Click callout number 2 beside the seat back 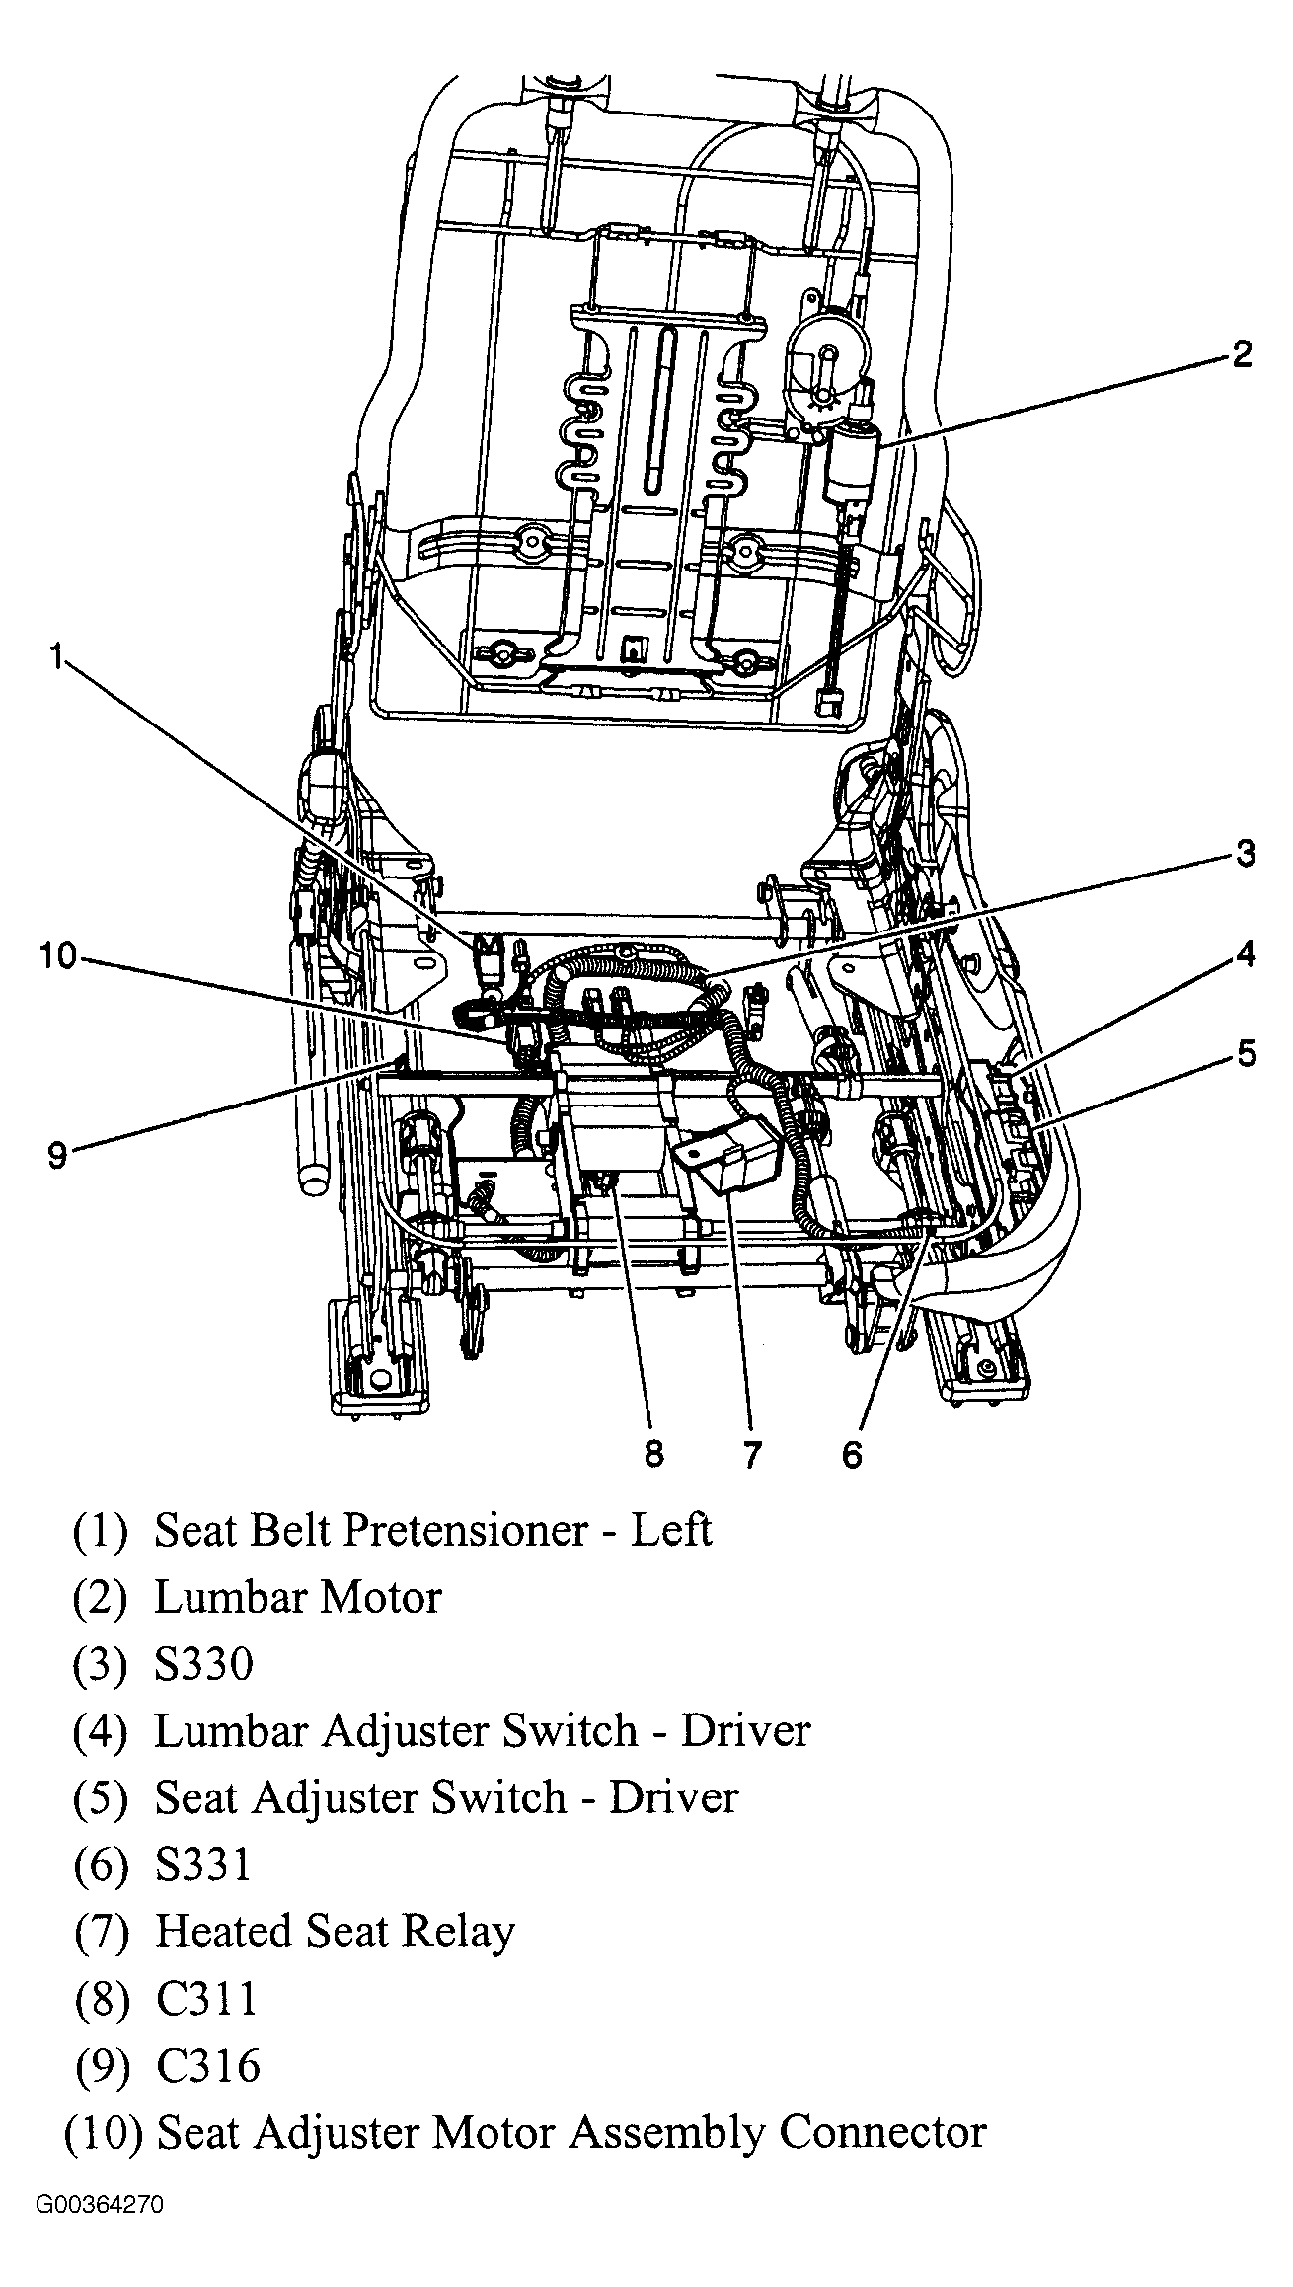(1241, 354)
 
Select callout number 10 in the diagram (57, 956)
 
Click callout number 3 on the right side (1245, 853)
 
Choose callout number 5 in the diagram (1247, 1054)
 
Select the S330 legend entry (203, 1665)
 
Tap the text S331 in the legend (203, 1866)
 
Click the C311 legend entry (206, 2000)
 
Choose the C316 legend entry (207, 2066)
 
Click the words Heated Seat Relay (335, 1933)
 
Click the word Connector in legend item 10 (882, 2133)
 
